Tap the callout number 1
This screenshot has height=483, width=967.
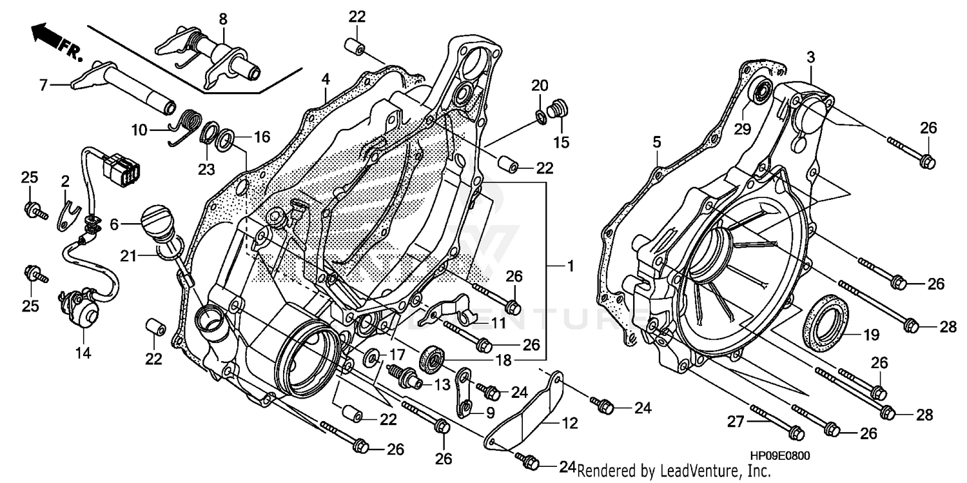570,265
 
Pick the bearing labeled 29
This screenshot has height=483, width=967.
761,92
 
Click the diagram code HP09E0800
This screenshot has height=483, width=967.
779,456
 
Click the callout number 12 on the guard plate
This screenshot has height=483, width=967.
569,424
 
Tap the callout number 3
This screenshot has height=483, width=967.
810,58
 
